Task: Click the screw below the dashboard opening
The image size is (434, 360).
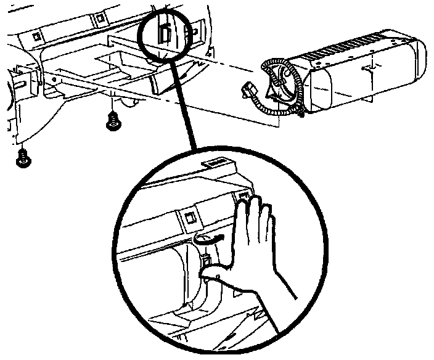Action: [x=112, y=120]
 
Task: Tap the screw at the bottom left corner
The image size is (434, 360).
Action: [x=23, y=158]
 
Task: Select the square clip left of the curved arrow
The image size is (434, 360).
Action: [x=190, y=217]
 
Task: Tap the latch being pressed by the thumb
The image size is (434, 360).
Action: [x=208, y=263]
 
